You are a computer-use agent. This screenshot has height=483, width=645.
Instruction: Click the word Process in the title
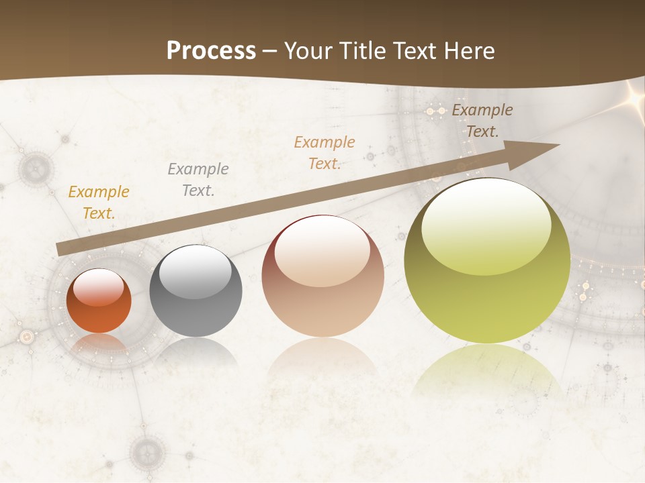click(x=211, y=50)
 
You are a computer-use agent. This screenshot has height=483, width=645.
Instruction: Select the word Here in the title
click(x=468, y=50)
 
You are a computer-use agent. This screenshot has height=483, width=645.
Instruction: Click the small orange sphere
click(x=99, y=301)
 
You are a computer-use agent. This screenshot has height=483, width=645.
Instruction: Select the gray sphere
click(x=196, y=291)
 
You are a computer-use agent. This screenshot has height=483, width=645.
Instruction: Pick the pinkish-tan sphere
click(x=322, y=276)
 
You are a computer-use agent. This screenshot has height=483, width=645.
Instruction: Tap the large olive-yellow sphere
click(x=487, y=261)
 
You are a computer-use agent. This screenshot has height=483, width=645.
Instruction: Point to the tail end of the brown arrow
click(x=59, y=250)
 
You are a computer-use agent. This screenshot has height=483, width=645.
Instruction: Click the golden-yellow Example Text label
click(x=99, y=202)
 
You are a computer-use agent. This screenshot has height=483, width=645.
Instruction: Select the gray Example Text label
click(x=198, y=179)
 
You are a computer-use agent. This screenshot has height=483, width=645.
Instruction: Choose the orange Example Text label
click(x=325, y=152)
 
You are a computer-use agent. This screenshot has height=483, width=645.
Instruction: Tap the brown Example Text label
click(x=482, y=120)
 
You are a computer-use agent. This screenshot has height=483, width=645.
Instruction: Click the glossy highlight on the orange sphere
click(x=98, y=288)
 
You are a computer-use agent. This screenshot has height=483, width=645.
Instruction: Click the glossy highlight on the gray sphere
click(x=195, y=271)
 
